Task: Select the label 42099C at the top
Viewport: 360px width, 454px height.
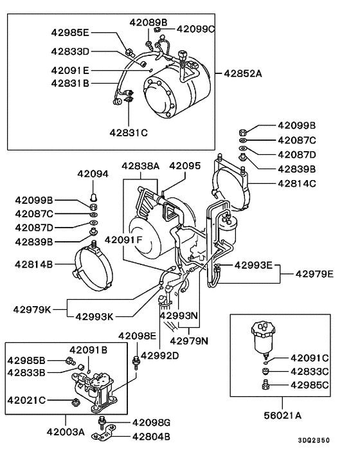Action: (195, 28)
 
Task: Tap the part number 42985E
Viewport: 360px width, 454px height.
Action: (71, 32)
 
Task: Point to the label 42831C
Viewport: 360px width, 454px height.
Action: (128, 132)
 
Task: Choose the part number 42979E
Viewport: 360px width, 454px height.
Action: (314, 274)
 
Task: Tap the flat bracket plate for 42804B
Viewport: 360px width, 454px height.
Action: (106, 437)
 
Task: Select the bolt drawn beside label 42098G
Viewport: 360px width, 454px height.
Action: (101, 422)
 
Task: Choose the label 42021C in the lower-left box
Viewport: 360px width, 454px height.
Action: (26, 400)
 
